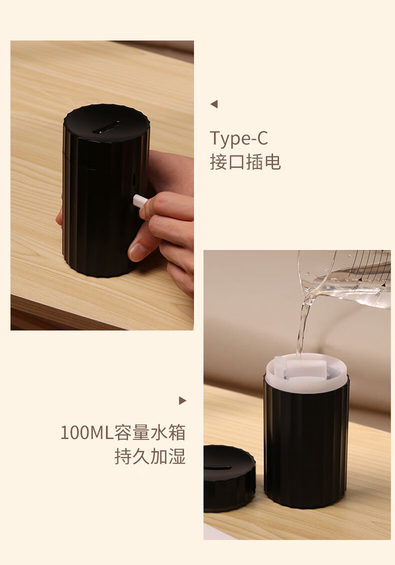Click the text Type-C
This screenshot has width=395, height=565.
pyautogui.click(x=238, y=138)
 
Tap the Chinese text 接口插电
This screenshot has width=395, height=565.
pyautogui.click(x=245, y=162)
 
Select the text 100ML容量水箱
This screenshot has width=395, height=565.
pyautogui.click(x=123, y=432)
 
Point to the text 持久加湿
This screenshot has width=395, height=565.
pyautogui.click(x=150, y=456)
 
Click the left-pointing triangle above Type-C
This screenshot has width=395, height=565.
pyautogui.click(x=214, y=104)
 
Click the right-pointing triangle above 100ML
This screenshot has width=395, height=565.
pyautogui.click(x=182, y=400)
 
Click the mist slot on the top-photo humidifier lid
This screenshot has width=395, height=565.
pyautogui.click(x=106, y=127)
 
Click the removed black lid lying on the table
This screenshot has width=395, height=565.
pyautogui.click(x=229, y=477)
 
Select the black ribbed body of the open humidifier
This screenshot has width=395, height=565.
pyautogui.click(x=306, y=443)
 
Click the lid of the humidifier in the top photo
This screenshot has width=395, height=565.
pyautogui.click(x=106, y=124)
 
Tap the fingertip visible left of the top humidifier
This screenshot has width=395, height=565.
pyautogui.click(x=59, y=216)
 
